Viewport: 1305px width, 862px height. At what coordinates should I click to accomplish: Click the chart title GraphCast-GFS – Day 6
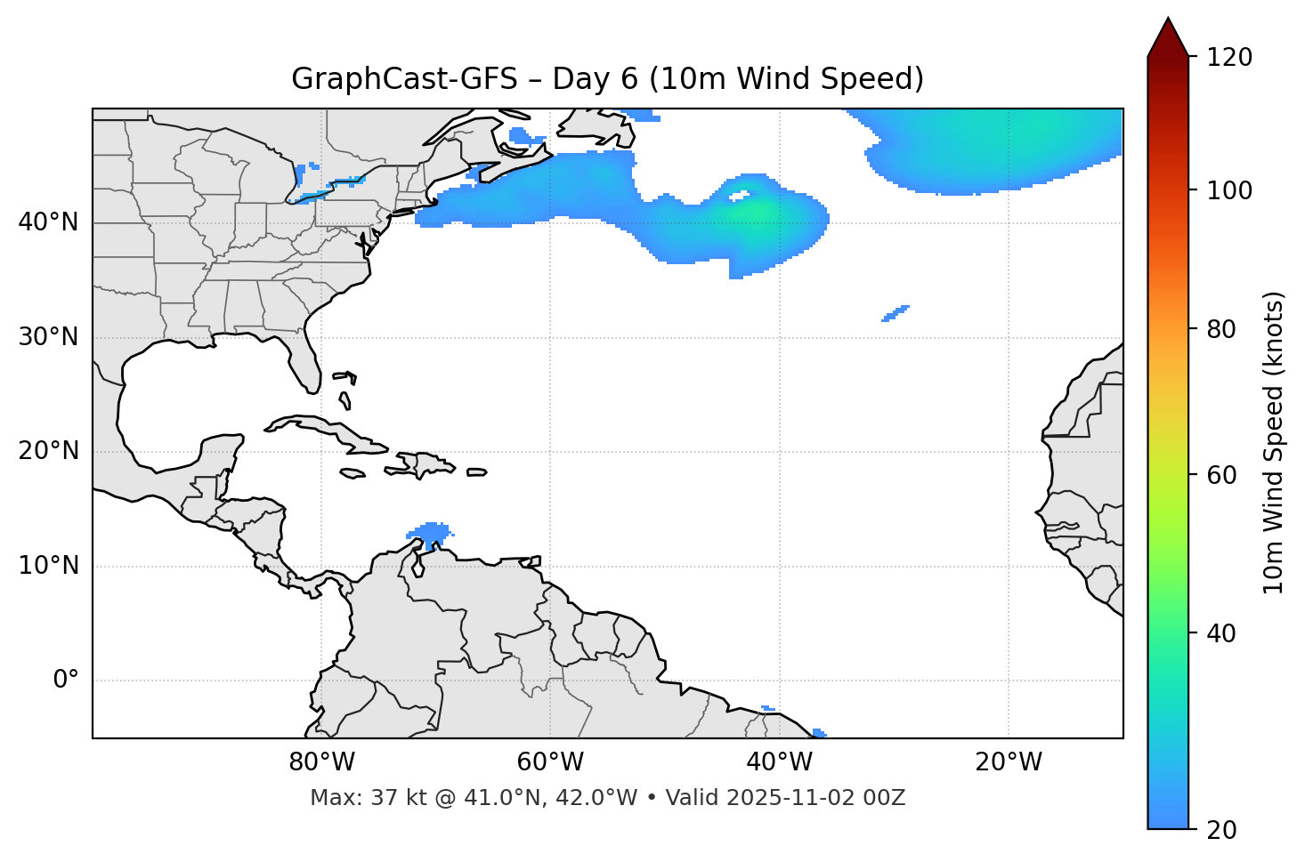pyautogui.click(x=607, y=79)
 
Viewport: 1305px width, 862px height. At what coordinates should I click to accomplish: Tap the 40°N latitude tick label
pyautogui.click(x=48, y=222)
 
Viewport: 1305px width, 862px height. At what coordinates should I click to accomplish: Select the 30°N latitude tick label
pyautogui.click(x=48, y=337)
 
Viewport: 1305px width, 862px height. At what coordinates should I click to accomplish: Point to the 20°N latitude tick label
pyautogui.click(x=48, y=451)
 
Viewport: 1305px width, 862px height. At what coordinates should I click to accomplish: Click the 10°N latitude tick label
pyautogui.click(x=48, y=566)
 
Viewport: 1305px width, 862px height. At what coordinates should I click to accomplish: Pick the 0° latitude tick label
pyautogui.click(x=66, y=681)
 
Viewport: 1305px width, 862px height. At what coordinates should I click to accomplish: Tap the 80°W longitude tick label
pyautogui.click(x=321, y=762)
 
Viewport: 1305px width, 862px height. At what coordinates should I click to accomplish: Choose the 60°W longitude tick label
pyautogui.click(x=550, y=762)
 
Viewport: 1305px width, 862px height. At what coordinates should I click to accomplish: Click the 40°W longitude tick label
pyautogui.click(x=779, y=762)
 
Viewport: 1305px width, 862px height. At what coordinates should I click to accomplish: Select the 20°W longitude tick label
pyautogui.click(x=1008, y=762)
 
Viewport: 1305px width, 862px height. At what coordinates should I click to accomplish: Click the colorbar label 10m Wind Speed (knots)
pyautogui.click(x=1274, y=442)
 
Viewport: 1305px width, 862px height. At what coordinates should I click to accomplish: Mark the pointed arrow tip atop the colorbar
pyautogui.click(x=1167, y=20)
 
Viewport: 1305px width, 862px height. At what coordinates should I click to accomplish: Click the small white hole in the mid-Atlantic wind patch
pyautogui.click(x=740, y=194)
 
